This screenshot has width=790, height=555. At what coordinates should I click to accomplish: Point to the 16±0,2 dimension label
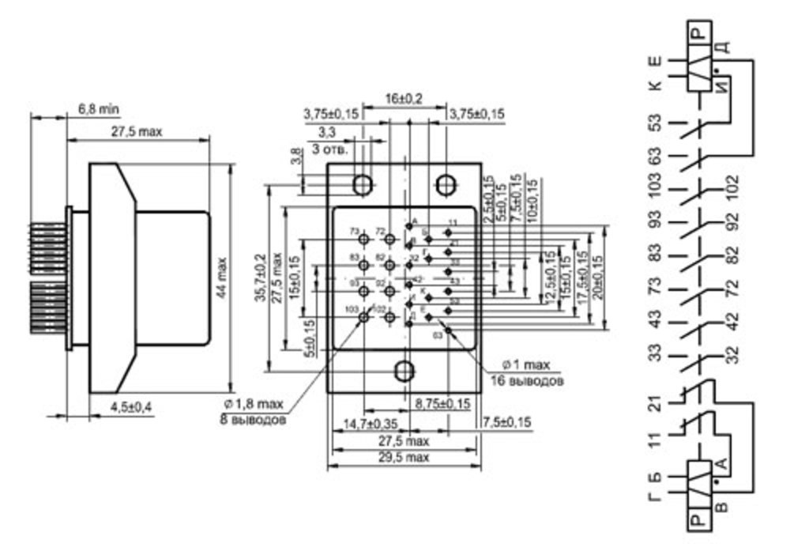(x=404, y=98)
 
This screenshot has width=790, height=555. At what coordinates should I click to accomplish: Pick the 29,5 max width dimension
(x=403, y=457)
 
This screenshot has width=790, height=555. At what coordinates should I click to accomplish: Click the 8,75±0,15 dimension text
(x=442, y=403)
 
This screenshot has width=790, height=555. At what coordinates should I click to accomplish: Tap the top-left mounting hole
(x=363, y=184)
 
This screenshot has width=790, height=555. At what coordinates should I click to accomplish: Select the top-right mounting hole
(x=446, y=184)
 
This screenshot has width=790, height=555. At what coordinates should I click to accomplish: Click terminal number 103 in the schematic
(x=655, y=190)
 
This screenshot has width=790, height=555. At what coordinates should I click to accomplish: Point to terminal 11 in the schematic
(x=655, y=439)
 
